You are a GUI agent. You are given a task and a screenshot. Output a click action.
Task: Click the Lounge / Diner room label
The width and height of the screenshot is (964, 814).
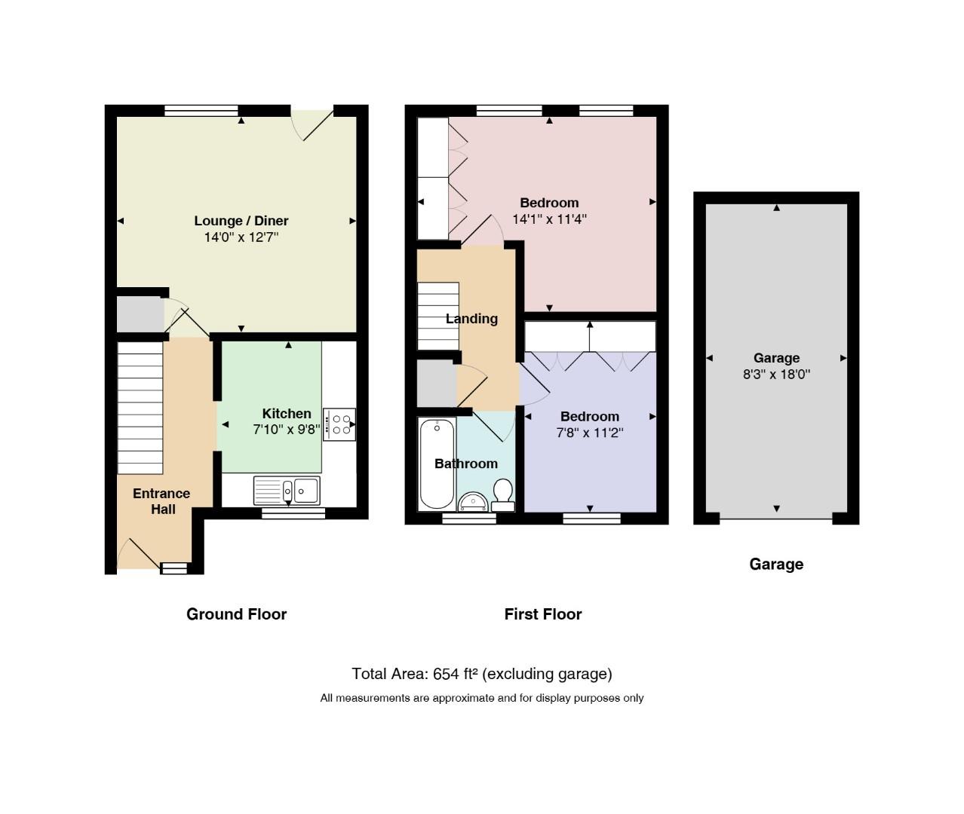(241, 221)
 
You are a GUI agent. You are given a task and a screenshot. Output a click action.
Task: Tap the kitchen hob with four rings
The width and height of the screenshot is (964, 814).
(339, 424)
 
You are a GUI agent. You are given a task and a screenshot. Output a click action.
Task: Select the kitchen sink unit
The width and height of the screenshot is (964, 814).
(287, 491)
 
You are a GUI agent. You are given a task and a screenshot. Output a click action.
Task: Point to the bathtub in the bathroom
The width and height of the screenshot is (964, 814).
(437, 464)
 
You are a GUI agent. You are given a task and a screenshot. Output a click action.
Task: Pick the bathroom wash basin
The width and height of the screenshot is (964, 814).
(472, 503)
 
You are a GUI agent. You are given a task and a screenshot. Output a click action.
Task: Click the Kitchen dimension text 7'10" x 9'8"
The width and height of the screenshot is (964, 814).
(286, 430)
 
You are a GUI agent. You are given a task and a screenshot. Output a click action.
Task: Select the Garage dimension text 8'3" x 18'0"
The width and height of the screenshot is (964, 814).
(776, 375)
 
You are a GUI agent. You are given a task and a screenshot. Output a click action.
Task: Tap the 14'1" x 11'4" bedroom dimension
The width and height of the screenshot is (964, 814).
(549, 219)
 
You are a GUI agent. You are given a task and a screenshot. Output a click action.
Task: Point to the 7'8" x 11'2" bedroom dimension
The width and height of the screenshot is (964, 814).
(590, 433)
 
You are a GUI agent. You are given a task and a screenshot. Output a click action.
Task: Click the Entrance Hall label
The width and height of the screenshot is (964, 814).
(161, 501)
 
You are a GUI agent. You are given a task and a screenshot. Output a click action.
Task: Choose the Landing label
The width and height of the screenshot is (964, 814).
(471, 318)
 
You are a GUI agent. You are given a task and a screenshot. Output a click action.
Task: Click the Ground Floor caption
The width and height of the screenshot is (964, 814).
(236, 614)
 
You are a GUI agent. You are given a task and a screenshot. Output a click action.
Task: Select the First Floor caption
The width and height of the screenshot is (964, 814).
(543, 614)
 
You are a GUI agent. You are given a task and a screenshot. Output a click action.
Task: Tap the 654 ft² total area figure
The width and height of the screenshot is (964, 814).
(456, 674)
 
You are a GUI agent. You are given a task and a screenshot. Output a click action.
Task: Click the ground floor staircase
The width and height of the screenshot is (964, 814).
(140, 408)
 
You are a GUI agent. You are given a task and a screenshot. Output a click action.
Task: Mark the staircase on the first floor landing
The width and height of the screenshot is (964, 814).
(438, 316)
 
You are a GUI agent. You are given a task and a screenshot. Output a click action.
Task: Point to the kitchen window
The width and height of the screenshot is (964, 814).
(293, 513)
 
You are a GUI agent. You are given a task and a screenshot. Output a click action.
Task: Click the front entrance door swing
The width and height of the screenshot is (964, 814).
(138, 554)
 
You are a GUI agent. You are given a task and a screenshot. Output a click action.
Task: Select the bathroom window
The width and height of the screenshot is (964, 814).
(469, 519)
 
